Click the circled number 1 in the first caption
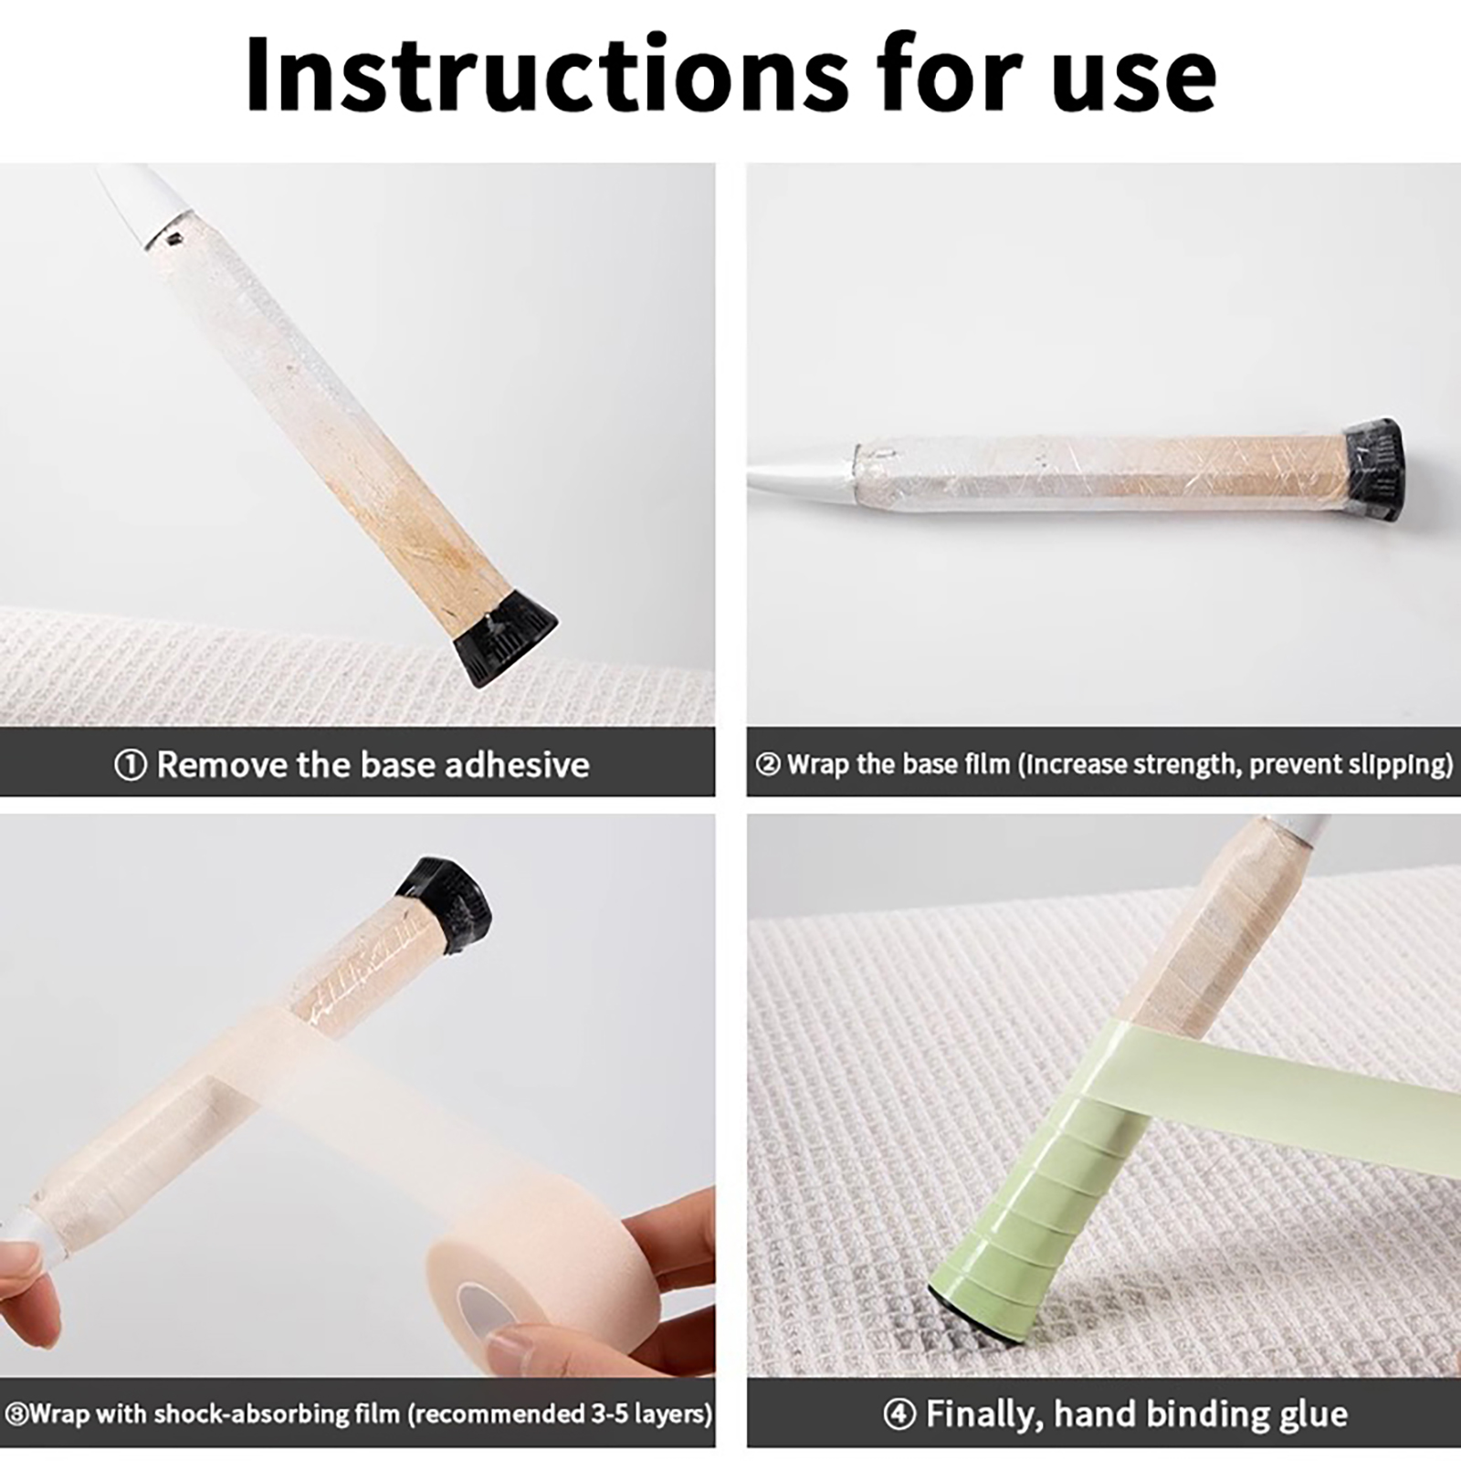coord(130,765)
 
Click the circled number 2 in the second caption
coord(768,764)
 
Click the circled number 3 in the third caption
coord(16,1414)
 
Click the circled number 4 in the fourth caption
coord(899,1415)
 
